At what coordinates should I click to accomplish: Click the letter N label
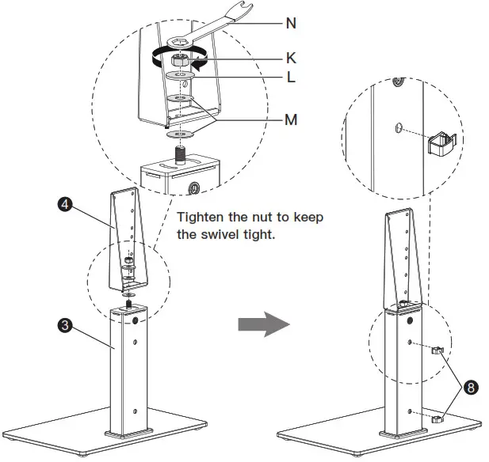(x=292, y=23)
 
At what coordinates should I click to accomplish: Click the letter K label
(x=291, y=58)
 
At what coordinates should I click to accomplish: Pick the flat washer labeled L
(x=181, y=78)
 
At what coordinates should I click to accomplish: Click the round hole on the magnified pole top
(x=193, y=187)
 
